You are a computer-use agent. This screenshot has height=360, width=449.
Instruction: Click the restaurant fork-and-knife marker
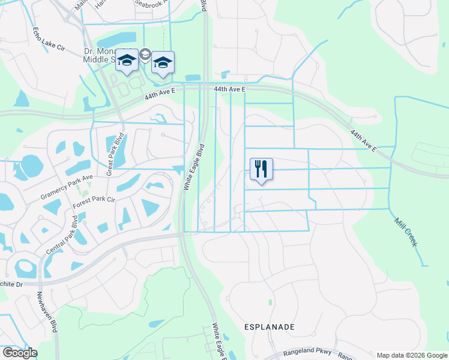(261, 169)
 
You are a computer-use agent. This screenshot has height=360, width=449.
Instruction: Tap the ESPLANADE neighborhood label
(270, 327)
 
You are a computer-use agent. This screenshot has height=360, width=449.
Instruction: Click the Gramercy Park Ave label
(67, 187)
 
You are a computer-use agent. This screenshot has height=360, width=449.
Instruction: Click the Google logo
(20, 353)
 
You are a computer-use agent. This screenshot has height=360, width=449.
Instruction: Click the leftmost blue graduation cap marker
(127, 60)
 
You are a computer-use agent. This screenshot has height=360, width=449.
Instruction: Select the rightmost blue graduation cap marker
(163, 62)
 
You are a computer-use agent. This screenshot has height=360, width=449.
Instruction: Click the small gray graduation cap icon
(145, 55)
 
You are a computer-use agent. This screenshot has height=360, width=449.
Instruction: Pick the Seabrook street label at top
(154, 3)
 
